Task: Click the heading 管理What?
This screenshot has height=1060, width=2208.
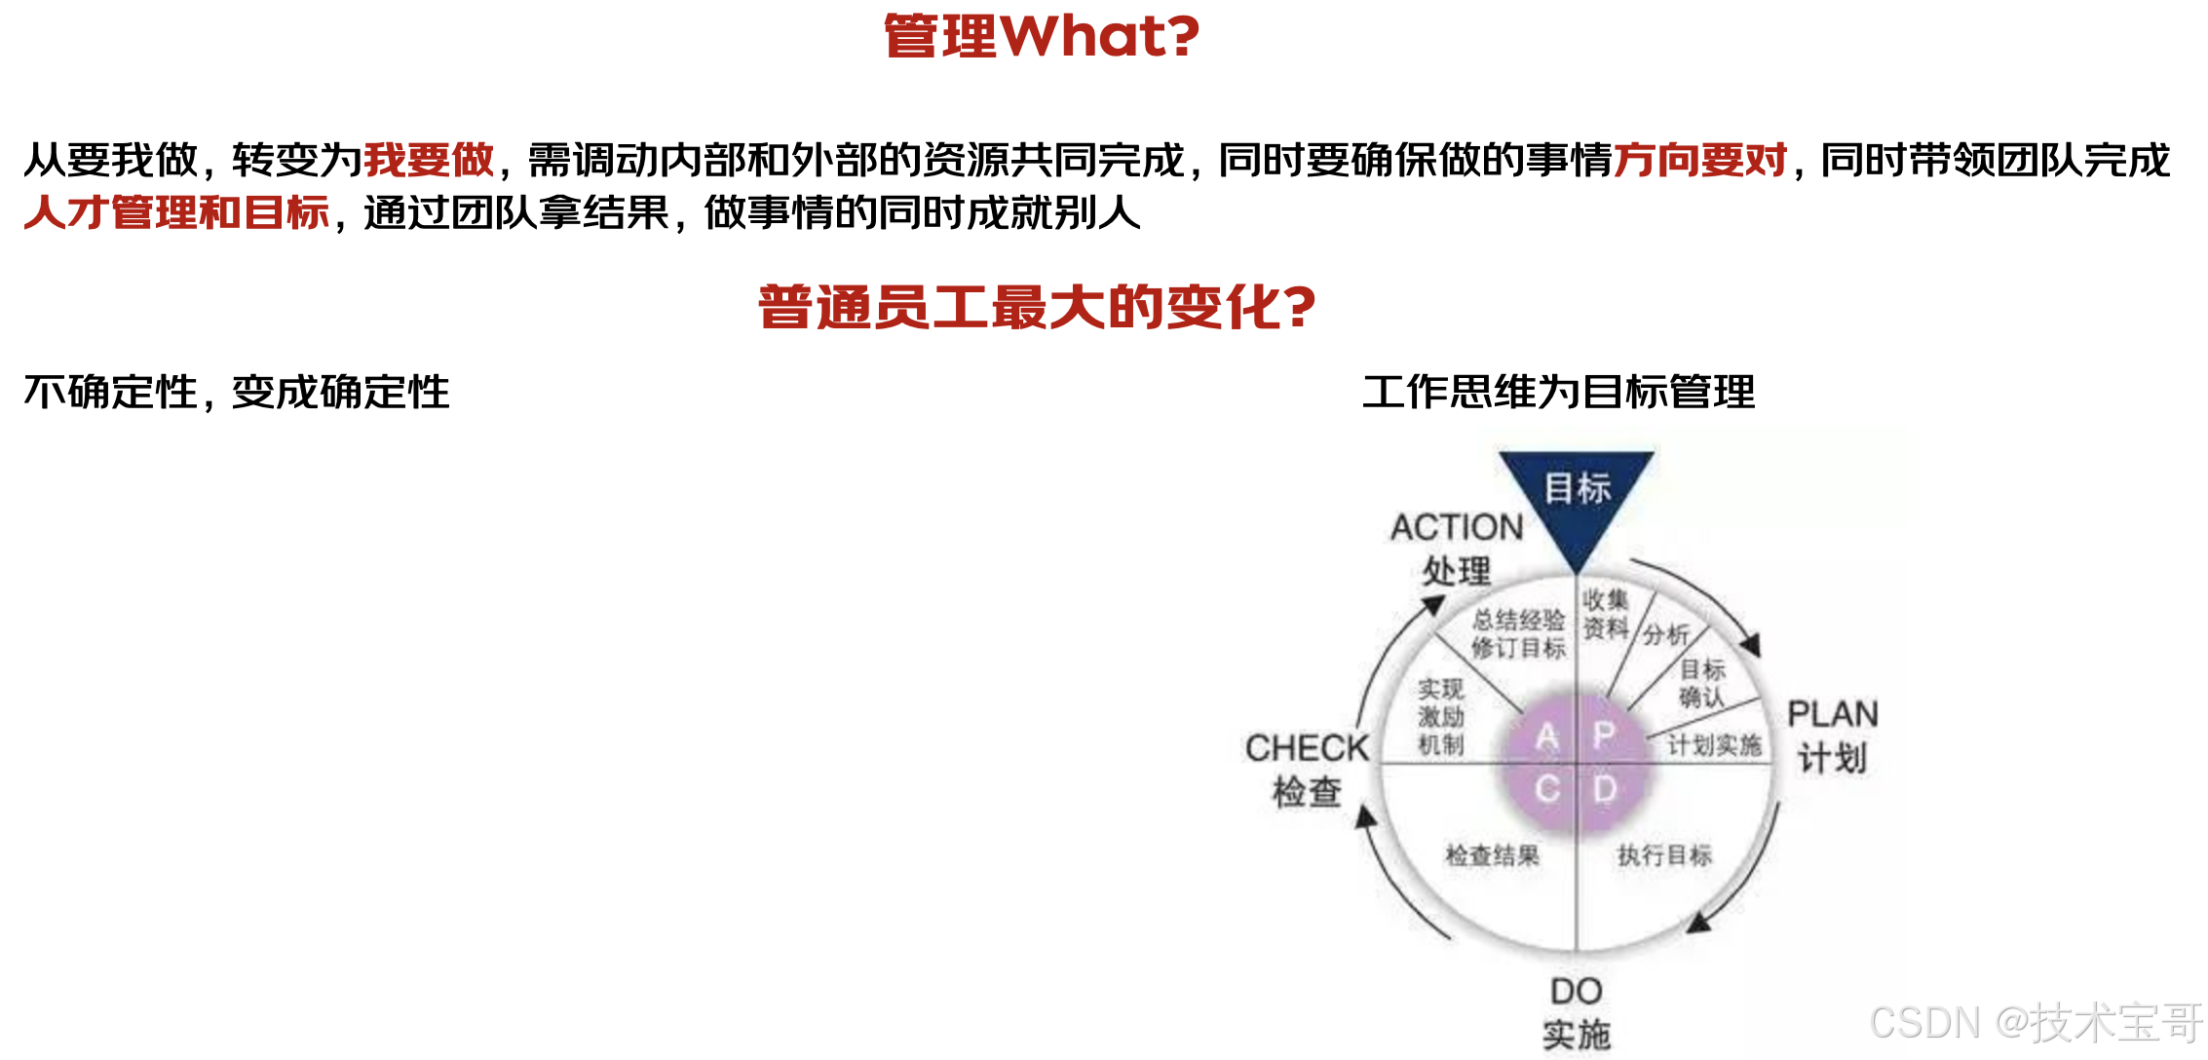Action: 1042,36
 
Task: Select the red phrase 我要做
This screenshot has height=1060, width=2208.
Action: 429,160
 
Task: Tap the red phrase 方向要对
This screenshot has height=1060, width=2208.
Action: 1700,160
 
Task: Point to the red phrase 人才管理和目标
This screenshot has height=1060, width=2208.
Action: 176,212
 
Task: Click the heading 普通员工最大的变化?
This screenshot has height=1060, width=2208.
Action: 1037,307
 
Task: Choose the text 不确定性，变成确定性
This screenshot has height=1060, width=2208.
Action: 237,392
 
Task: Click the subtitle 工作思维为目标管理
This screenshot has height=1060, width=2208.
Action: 1558,392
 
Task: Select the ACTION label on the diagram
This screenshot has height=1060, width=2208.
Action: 1457,527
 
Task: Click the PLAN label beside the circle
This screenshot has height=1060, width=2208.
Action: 1833,714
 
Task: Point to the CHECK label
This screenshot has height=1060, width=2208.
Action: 1307,748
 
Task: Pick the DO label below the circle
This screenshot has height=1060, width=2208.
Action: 1576,992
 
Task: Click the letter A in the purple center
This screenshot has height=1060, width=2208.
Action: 1547,736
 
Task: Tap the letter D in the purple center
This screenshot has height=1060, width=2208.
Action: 1605,788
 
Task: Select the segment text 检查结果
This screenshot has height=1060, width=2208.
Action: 1492,855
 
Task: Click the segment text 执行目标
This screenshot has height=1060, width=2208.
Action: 1664,855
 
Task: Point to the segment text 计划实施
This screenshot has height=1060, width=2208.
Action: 1714,745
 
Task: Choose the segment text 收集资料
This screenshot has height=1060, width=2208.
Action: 1605,614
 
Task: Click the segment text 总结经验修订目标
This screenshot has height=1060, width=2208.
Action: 1518,633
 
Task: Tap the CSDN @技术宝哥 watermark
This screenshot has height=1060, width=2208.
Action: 2036,1023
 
